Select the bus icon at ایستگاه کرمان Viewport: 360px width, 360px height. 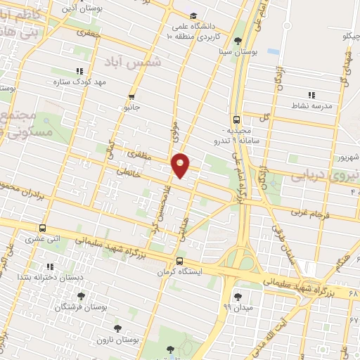coord(179,261)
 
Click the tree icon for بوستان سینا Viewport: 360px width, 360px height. coord(238,41)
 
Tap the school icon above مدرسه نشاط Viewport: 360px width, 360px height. coord(311,95)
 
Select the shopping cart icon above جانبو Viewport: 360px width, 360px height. coord(131,97)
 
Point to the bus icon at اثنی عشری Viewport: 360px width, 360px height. coord(43,228)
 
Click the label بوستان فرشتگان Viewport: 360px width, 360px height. coord(81,307)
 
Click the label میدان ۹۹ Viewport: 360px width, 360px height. coord(237,307)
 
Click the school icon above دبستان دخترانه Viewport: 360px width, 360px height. coord(49,266)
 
